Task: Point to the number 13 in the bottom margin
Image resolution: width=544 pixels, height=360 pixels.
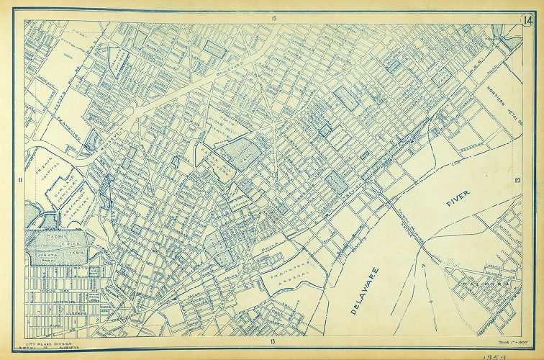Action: (273, 339)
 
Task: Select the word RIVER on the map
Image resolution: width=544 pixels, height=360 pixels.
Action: (457, 202)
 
